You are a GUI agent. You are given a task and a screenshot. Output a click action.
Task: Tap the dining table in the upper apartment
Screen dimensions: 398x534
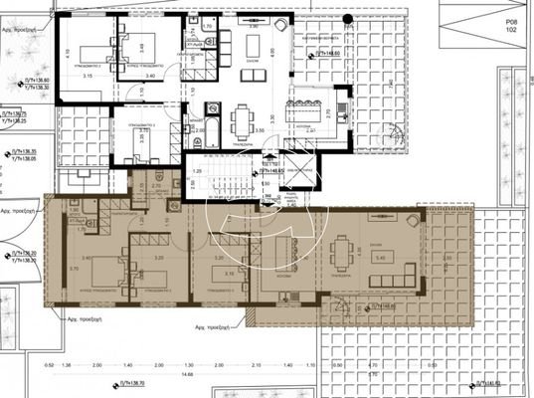(x=241, y=122)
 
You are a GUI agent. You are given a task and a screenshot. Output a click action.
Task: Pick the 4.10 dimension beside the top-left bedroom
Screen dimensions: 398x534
(x=66, y=52)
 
